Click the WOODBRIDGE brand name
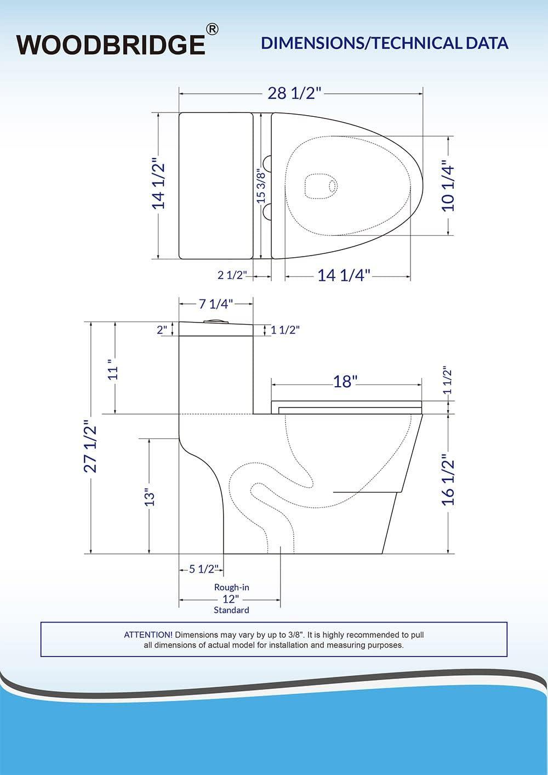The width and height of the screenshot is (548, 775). point(111,44)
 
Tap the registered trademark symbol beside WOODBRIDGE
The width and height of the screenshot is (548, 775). point(213,29)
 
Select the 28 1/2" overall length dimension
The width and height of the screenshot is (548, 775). point(293,93)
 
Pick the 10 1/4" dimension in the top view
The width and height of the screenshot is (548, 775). point(448,186)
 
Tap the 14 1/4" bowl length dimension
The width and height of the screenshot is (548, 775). point(344,275)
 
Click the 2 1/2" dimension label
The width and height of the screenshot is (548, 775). point(233,275)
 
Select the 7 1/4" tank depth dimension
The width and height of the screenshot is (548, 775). point(216,304)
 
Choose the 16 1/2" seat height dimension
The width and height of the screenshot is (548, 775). point(448,479)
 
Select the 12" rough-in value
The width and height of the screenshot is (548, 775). point(231,598)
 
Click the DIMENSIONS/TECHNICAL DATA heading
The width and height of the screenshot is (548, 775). point(385,43)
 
